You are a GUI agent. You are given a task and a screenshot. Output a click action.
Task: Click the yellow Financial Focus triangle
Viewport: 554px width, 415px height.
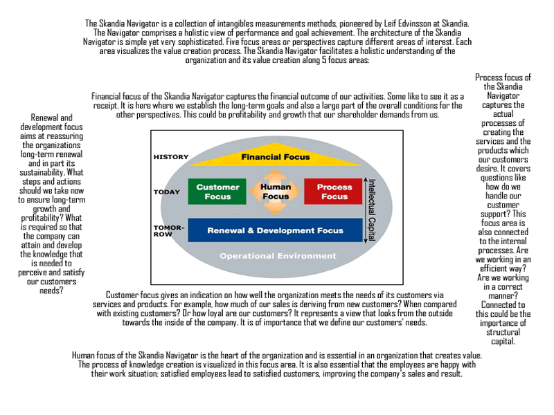point(275,158)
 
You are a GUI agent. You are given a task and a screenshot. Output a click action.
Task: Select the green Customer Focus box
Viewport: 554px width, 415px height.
point(217,191)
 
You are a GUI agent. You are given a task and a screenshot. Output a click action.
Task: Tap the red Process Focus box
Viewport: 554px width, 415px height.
point(334,191)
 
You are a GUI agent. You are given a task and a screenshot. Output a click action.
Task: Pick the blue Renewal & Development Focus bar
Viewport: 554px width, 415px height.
point(275,230)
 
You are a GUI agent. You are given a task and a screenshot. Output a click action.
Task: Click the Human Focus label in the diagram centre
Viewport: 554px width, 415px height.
point(276,192)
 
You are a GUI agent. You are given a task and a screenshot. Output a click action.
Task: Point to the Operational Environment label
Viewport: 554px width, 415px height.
point(267,256)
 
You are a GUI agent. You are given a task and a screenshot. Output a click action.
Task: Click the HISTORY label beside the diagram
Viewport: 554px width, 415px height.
point(171,157)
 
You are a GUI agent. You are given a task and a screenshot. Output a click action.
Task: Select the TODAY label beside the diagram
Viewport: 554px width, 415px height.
point(167,192)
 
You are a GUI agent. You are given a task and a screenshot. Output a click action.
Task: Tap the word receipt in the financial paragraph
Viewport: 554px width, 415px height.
point(106,106)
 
